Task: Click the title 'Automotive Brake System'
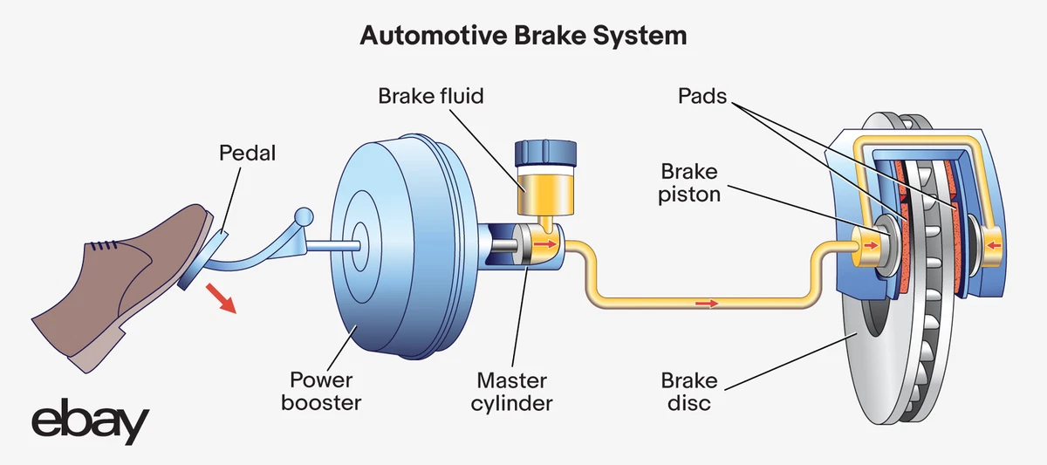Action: [523, 37]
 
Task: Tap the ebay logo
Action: [90, 424]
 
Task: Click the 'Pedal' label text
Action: [247, 154]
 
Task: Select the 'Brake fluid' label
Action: [431, 95]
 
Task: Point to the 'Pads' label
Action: [702, 95]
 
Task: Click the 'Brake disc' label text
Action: [689, 392]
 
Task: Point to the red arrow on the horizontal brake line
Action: [708, 304]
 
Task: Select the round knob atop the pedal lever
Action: [302, 215]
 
